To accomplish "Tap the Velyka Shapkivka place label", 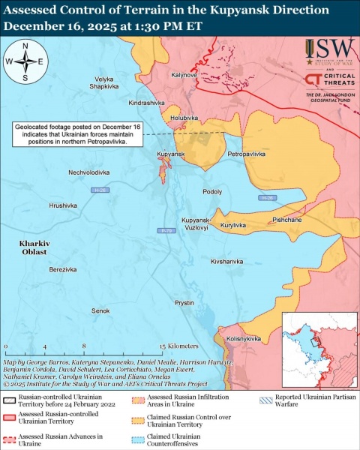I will pyautogui.click(x=105, y=82).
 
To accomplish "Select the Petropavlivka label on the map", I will pyautogui.click(x=247, y=154).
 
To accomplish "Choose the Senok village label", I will pyautogui.click(x=100, y=310).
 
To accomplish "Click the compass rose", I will pyautogui.click(x=25, y=61).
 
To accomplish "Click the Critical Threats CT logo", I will pyautogui.click(x=315, y=80).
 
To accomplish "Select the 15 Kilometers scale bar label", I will pyautogui.click(x=178, y=346).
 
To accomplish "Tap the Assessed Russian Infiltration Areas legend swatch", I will pyautogui.click(x=139, y=401).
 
